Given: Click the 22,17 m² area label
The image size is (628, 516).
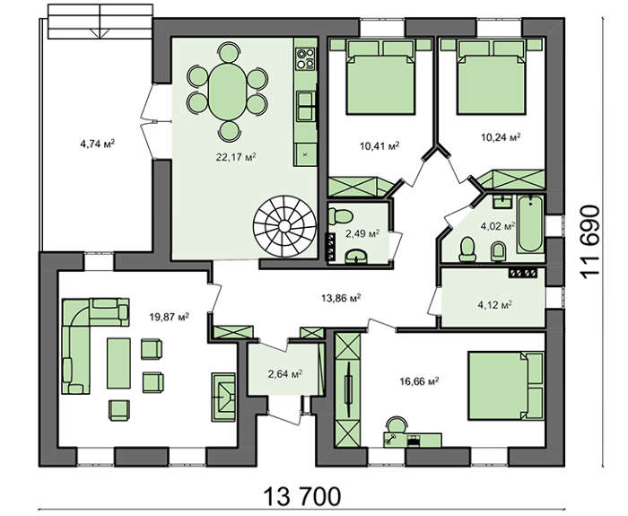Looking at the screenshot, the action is click(236, 157).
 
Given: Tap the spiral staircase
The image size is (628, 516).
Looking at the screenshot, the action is click(284, 227).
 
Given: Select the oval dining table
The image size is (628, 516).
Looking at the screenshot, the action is click(228, 92).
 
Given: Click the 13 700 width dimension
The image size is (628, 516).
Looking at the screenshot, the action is click(302, 496).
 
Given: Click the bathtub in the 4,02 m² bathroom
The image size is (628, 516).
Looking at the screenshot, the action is click(530, 223).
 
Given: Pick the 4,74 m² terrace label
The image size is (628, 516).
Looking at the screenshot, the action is click(98, 144).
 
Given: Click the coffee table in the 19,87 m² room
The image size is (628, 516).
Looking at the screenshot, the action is click(118, 363).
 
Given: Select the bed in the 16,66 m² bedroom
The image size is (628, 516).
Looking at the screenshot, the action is click(506, 386).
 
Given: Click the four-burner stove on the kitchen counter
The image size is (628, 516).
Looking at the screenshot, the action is click(305, 58).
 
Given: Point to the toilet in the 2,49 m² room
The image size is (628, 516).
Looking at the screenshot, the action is click(340, 216).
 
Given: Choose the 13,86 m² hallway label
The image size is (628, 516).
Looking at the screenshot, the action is click(341, 298).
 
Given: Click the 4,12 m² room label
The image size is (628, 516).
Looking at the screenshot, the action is click(495, 305).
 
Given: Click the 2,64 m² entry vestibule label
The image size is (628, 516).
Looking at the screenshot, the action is click(284, 374).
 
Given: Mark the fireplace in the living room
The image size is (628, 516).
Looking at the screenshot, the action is click(224, 397).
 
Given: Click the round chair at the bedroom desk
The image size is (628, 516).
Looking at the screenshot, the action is click(397, 424).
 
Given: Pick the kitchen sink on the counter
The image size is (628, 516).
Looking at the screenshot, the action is click(305, 106).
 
